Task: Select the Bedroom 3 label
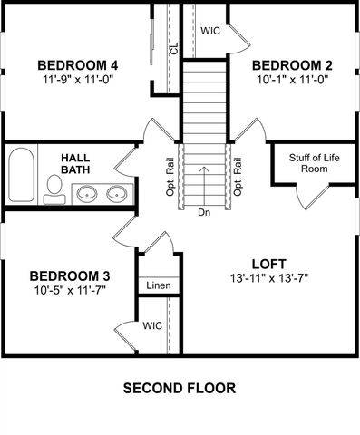pos(70,275)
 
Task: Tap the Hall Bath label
pos(75,164)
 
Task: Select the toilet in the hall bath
pos(54,187)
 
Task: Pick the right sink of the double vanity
pos(117,193)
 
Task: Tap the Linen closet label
pos(159,285)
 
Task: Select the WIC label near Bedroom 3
pos(152,324)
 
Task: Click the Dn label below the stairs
pos(204,213)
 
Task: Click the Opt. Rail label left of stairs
pos(170,179)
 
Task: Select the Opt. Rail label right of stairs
pos(238,179)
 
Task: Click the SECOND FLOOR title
pos(180,388)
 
